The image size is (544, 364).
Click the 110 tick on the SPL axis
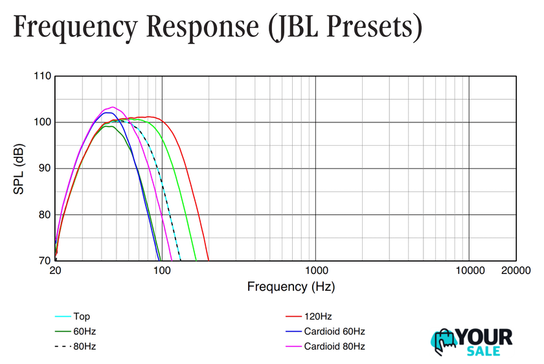coord(42,76)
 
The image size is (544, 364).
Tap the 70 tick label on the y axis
coord(43,261)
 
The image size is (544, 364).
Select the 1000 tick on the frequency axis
coord(315,271)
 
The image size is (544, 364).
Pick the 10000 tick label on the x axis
coord(469,271)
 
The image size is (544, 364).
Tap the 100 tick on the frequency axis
coord(162,271)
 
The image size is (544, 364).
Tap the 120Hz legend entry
coord(317,317)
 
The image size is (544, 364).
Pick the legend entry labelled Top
coord(82,317)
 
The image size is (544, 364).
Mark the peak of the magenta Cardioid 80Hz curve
coord(113,107)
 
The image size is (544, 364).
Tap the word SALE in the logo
coord(483,350)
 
